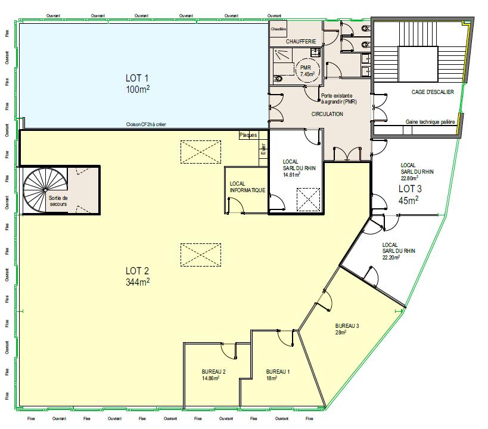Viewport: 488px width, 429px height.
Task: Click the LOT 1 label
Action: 136,77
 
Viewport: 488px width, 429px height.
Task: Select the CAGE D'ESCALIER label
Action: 433,92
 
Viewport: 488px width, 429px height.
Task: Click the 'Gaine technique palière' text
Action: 430,121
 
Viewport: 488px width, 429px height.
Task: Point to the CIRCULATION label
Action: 327,114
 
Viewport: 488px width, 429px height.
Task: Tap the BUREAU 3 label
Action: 347,327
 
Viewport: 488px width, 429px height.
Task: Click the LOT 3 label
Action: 410,189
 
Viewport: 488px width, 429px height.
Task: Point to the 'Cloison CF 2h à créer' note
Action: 145,124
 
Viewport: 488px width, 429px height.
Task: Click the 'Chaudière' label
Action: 279,29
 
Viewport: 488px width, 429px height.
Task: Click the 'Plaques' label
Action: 248,135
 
